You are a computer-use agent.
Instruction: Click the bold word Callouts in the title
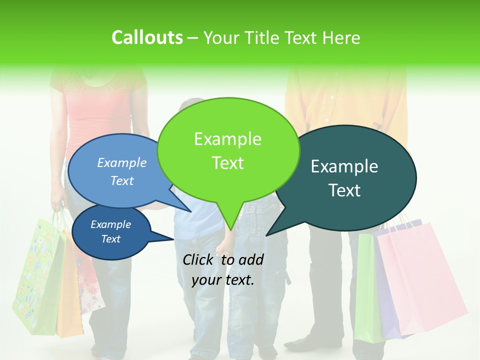click(147, 37)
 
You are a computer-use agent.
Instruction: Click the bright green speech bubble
click(227, 150)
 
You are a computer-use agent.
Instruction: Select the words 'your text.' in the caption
click(223, 280)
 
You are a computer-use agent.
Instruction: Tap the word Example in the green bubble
click(227, 139)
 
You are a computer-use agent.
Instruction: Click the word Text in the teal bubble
click(345, 190)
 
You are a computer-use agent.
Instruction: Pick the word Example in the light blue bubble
click(121, 162)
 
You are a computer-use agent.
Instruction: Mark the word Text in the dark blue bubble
click(111, 239)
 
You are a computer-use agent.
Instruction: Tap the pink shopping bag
click(420, 280)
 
